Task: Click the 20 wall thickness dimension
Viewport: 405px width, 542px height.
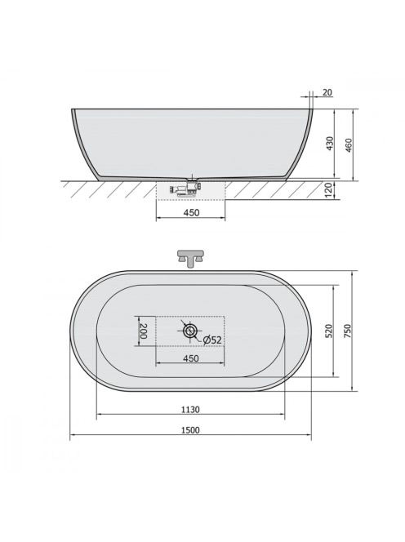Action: (327, 92)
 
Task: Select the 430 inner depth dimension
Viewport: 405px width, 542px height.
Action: (331, 143)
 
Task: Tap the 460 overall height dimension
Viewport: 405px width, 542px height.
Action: (349, 145)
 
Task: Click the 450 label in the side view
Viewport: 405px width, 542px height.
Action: (191, 212)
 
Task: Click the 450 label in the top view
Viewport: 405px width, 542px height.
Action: (190, 358)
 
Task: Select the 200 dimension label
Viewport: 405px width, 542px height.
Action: (143, 331)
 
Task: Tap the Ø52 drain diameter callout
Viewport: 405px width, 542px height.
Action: (212, 340)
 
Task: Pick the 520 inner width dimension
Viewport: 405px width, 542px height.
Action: (328, 331)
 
